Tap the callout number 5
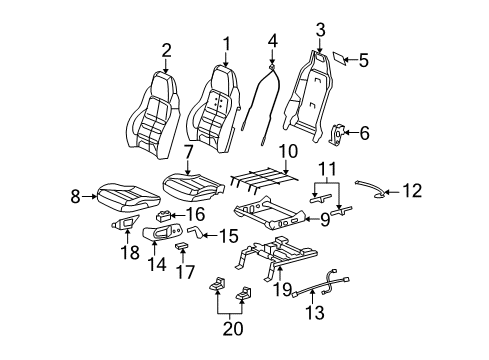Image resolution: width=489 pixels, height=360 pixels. coord(363,60)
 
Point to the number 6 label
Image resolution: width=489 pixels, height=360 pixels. coord(363,132)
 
